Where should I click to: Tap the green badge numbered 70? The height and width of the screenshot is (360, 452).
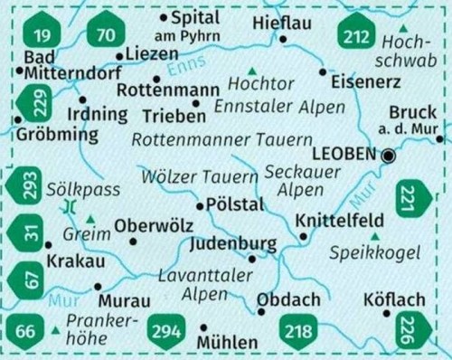tap(107, 36)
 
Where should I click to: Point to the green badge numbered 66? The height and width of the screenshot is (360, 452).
tap(25, 331)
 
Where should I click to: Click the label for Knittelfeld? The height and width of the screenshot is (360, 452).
tap(339, 220)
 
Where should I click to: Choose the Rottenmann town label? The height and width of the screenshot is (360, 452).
tap(169, 91)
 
